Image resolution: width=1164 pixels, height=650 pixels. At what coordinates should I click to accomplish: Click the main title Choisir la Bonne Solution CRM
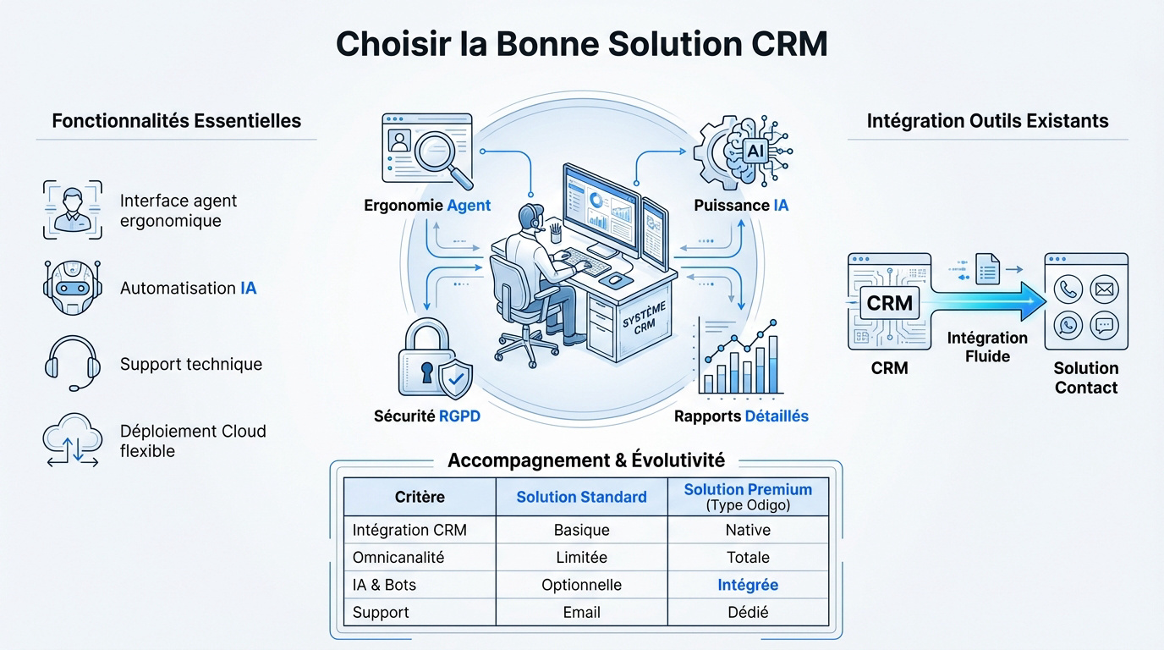(581, 44)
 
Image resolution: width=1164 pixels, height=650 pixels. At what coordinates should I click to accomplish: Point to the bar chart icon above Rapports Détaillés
(741, 360)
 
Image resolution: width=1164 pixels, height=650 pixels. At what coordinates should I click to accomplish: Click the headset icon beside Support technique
(72, 363)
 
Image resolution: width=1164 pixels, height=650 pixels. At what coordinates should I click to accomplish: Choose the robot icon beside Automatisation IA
(72, 287)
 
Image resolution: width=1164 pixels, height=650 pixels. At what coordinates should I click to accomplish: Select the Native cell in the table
(748, 530)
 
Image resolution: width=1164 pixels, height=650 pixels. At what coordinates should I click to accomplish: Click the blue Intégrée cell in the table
(748, 585)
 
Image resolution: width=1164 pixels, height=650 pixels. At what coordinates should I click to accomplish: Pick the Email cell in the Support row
(581, 612)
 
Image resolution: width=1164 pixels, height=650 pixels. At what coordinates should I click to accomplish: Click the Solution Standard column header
(581, 497)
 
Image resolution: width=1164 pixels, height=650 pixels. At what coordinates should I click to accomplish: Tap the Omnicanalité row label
(398, 557)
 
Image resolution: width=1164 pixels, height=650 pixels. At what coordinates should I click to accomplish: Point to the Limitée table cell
(581, 557)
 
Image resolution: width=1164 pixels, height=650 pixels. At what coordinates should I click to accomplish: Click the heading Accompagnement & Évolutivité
(585, 460)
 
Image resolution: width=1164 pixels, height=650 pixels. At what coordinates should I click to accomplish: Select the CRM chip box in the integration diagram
(889, 302)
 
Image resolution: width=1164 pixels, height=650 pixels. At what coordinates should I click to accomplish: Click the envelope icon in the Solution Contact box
(1104, 289)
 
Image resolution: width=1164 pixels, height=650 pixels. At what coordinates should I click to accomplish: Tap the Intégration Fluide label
(987, 347)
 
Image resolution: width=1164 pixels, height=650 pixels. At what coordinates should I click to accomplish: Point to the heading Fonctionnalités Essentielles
(176, 120)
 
